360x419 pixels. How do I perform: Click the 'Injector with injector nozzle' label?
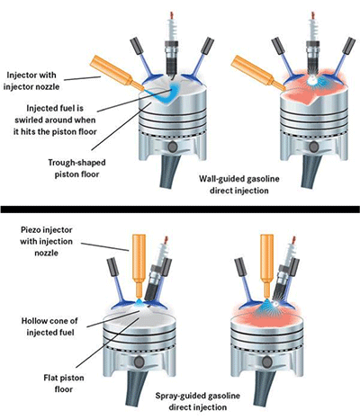[31, 81]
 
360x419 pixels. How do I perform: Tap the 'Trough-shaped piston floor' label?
[77, 168]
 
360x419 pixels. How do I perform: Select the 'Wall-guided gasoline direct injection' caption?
[239, 184]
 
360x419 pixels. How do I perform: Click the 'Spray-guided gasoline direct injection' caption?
[198, 402]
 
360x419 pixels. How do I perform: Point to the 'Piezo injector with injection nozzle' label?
[47, 241]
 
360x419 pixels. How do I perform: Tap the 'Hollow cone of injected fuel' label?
[49, 326]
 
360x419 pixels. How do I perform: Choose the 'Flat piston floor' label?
[64, 384]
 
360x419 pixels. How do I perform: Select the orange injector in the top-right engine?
[258, 73]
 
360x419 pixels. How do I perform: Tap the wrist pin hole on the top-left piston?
[173, 147]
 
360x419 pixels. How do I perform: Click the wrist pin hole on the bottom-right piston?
[266, 362]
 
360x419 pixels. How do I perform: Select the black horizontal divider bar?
[180, 209]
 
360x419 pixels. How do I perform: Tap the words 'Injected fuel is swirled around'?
[55, 114]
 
